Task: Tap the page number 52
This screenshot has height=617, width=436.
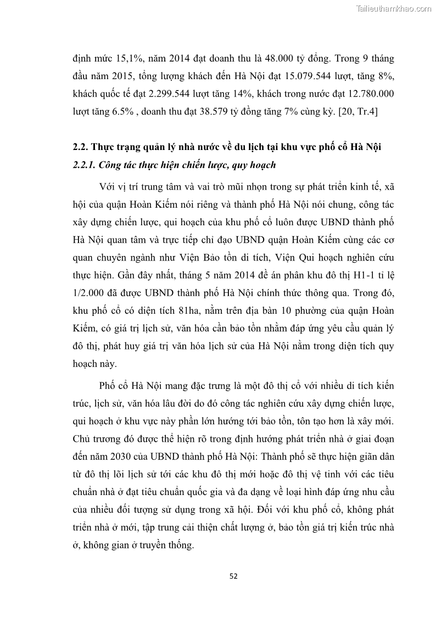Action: (x=233, y=576)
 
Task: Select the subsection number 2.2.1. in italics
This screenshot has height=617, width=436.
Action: (x=88, y=165)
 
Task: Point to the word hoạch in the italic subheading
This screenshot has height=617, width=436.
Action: (x=256, y=165)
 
